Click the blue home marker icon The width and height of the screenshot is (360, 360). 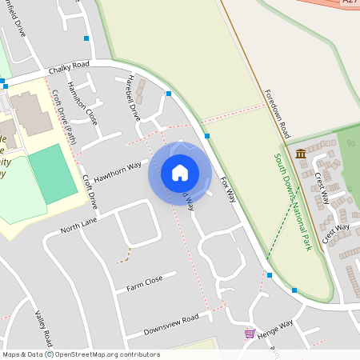tap(180, 172)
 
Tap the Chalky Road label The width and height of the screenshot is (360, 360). tap(69, 70)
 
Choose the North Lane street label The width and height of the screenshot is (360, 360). tap(78, 226)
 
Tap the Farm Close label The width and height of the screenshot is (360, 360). tap(144, 282)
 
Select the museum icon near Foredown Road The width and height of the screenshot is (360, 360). tap(300, 154)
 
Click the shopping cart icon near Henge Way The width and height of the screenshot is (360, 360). tap(250, 332)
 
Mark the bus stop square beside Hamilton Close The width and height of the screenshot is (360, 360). tap(86, 38)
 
